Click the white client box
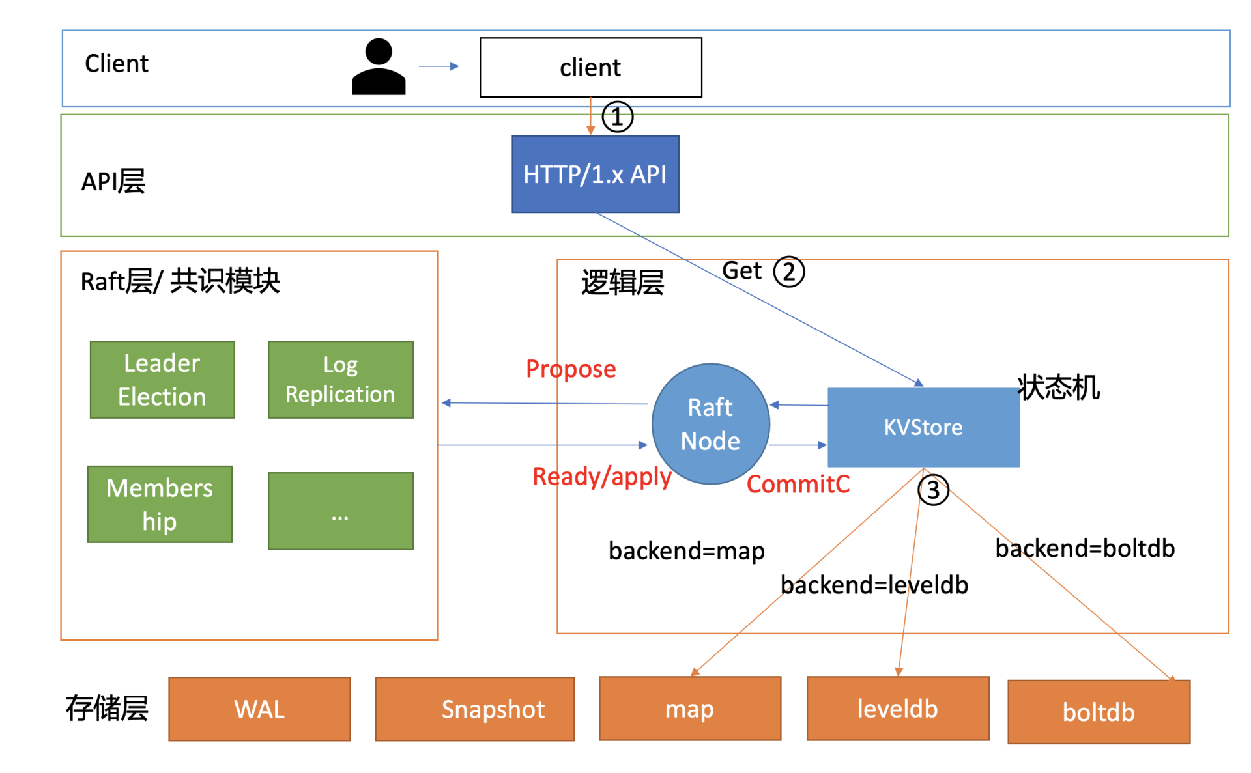tap(590, 68)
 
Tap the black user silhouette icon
tap(379, 67)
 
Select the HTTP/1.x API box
tap(595, 174)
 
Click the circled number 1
tap(617, 117)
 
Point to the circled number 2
tap(789, 272)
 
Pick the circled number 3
tap(933, 490)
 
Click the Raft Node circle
tap(710, 424)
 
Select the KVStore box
tap(923, 427)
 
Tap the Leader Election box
tap(162, 380)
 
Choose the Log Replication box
tap(340, 380)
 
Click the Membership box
tap(160, 504)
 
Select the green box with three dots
tap(340, 511)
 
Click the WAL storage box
tap(259, 709)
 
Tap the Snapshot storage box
tap(474, 709)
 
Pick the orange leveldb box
tap(897, 708)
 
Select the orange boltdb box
tap(1099, 712)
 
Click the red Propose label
tap(571, 369)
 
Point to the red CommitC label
tap(798, 484)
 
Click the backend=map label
tap(686, 551)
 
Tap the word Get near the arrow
tap(741, 270)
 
